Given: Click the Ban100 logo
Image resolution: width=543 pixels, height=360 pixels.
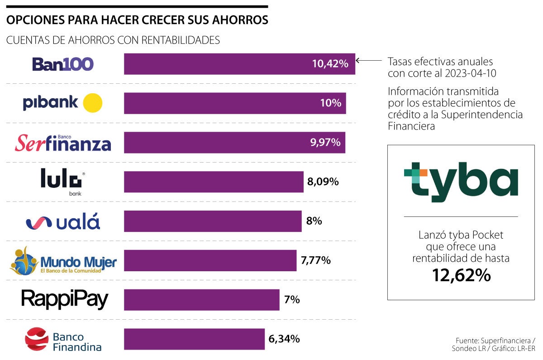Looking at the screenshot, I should click(x=63, y=64).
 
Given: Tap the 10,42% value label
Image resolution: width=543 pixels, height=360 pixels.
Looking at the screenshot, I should click(x=330, y=64).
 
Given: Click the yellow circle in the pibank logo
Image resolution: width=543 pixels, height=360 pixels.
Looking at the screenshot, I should click(x=93, y=103).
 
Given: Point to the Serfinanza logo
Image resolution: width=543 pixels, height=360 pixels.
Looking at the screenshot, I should click(x=63, y=143).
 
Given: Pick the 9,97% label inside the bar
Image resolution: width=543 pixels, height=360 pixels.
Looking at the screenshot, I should click(x=325, y=143).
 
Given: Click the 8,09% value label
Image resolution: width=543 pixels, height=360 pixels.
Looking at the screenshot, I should click(x=323, y=182).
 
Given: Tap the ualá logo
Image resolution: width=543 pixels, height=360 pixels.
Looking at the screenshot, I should click(x=63, y=222).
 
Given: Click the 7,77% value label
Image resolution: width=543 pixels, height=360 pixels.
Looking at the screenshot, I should click(x=315, y=260).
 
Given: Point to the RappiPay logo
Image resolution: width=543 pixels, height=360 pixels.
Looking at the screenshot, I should click(x=65, y=299).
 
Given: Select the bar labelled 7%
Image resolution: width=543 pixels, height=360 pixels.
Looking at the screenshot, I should click(x=201, y=300).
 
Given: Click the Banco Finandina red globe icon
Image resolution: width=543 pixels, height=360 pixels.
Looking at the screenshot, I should click(x=37, y=339).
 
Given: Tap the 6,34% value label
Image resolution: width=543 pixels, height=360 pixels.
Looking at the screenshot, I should click(x=284, y=339).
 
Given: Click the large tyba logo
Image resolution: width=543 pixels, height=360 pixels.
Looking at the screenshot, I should click(x=461, y=181).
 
